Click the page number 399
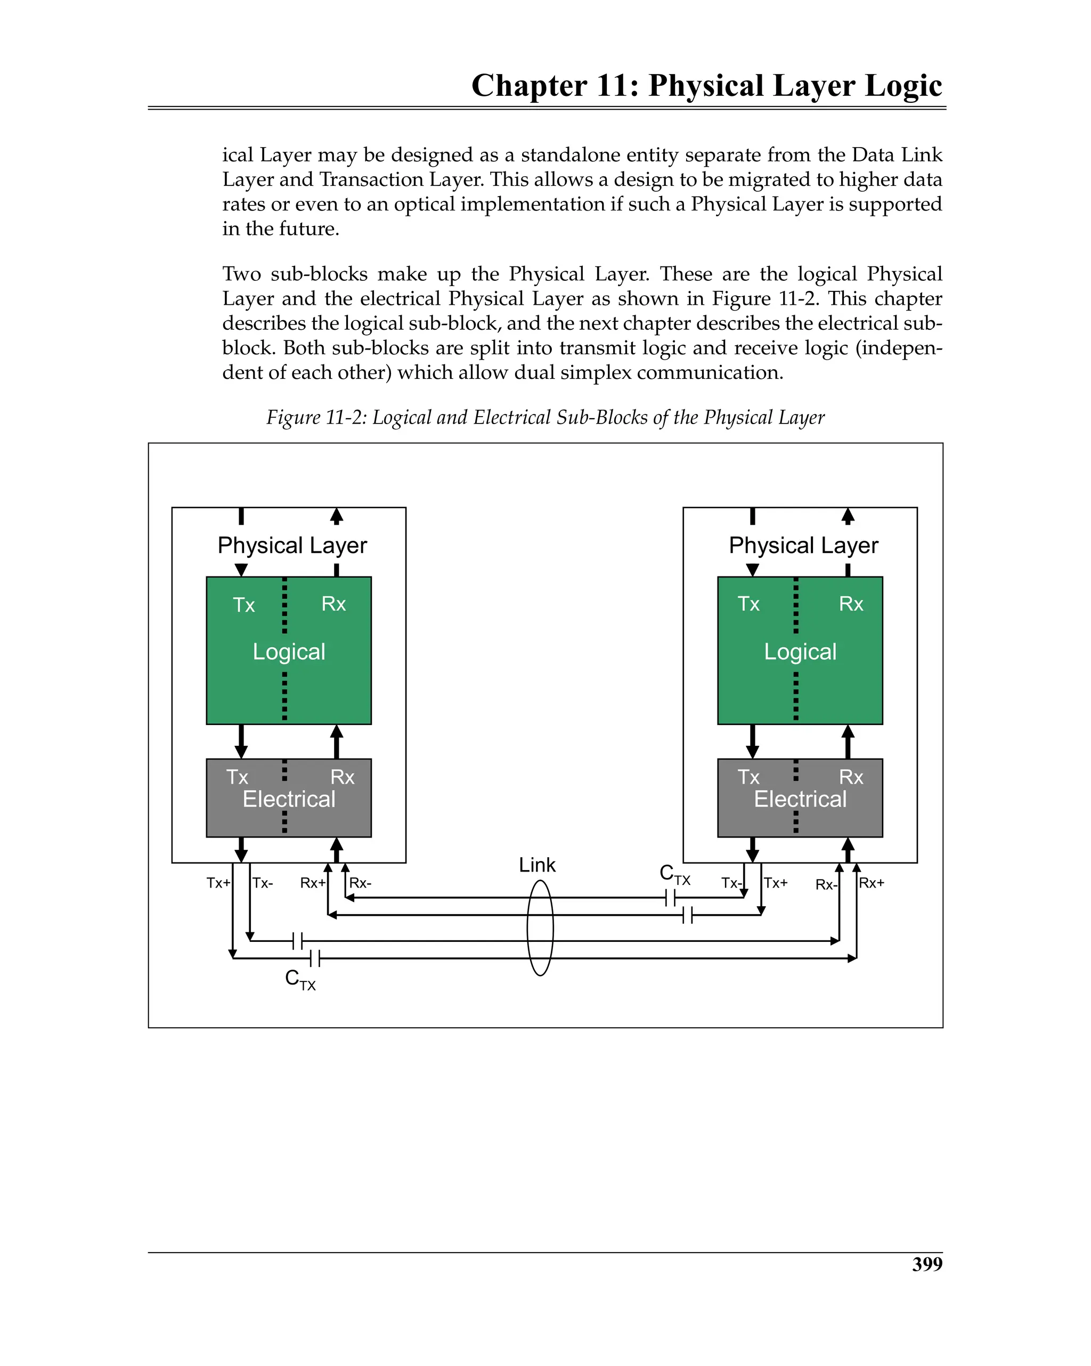click(927, 1264)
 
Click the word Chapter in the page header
click(529, 86)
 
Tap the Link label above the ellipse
click(536, 865)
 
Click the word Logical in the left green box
click(289, 652)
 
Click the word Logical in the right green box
click(800, 652)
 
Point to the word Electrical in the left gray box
click(289, 800)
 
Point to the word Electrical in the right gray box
click(800, 800)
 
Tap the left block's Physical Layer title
click(292, 546)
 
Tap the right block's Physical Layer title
click(803, 546)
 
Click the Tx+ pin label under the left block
click(218, 883)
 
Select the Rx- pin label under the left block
click(361, 883)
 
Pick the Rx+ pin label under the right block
click(872, 883)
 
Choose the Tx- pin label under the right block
click(731, 883)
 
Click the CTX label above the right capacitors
click(674, 874)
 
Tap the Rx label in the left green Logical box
click(333, 604)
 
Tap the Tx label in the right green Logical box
click(748, 604)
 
